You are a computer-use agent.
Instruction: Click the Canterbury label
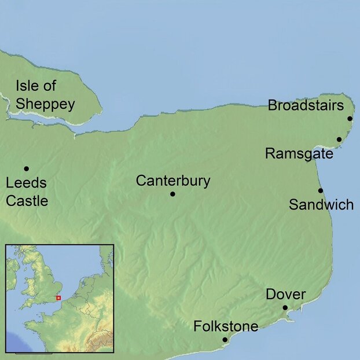coord(172,181)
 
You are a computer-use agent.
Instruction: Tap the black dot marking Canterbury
coord(172,194)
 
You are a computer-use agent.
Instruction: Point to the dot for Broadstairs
coord(350,119)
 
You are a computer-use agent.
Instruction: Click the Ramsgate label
coord(299,154)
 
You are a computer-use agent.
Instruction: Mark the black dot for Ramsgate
coord(339,139)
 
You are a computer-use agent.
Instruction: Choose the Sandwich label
coord(321,205)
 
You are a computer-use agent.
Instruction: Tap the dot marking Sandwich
coord(321,190)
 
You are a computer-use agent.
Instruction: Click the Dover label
coord(285,294)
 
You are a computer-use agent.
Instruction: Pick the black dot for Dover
coord(285,307)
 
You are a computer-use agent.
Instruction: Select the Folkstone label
coord(226,326)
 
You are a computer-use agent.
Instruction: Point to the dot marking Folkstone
coord(225,340)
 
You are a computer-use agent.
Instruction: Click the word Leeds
coord(25,184)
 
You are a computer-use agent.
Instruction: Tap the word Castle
coord(27,201)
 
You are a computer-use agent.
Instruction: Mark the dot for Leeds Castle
coord(26,168)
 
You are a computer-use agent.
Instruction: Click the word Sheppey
coord(45,104)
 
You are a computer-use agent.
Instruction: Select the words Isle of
coord(36,87)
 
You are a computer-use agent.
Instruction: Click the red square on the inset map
coord(58,297)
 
